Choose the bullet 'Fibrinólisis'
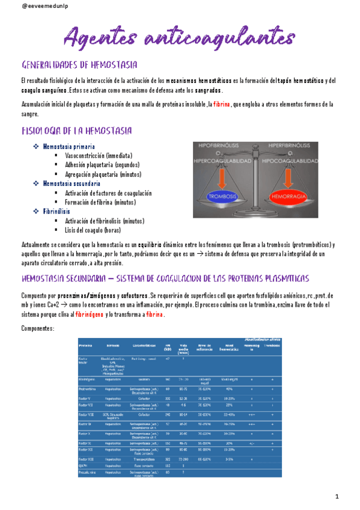[x=58, y=212]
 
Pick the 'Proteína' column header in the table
[x=85, y=346]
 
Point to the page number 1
[x=337, y=496]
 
